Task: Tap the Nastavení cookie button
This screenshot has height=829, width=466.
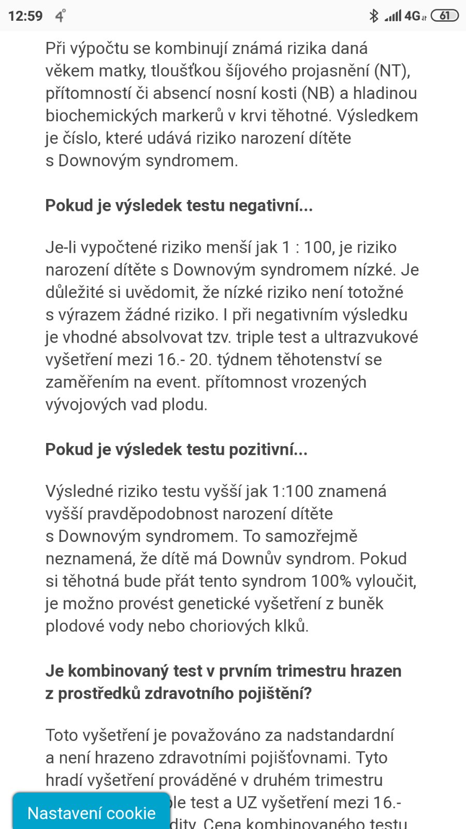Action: (x=92, y=813)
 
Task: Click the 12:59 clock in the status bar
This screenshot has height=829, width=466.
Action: (x=25, y=16)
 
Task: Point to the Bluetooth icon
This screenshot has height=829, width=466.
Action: (x=373, y=16)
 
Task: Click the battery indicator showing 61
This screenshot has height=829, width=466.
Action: (x=444, y=16)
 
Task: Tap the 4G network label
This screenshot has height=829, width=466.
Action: (x=413, y=16)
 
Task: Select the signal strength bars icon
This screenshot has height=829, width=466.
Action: (x=393, y=16)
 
